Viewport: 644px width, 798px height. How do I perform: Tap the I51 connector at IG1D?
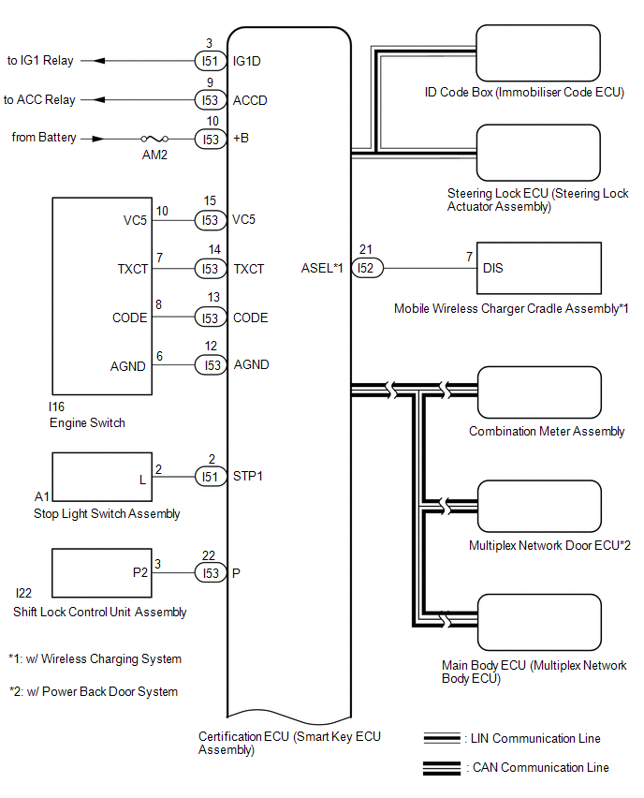click(209, 62)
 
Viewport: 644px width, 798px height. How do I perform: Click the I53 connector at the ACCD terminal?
click(209, 100)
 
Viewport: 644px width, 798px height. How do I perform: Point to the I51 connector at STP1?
click(209, 477)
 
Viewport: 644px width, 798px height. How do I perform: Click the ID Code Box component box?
click(537, 53)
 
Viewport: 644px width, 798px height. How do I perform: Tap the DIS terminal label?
click(492, 268)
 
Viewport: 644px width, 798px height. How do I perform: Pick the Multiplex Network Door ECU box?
click(537, 508)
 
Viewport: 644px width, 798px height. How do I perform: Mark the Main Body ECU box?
click(537, 622)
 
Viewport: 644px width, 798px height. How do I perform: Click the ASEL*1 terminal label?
click(322, 269)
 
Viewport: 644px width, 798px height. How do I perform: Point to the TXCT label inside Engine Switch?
click(132, 269)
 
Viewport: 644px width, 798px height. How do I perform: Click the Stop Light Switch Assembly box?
click(100, 477)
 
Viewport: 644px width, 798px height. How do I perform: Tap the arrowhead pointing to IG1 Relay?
click(100, 62)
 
